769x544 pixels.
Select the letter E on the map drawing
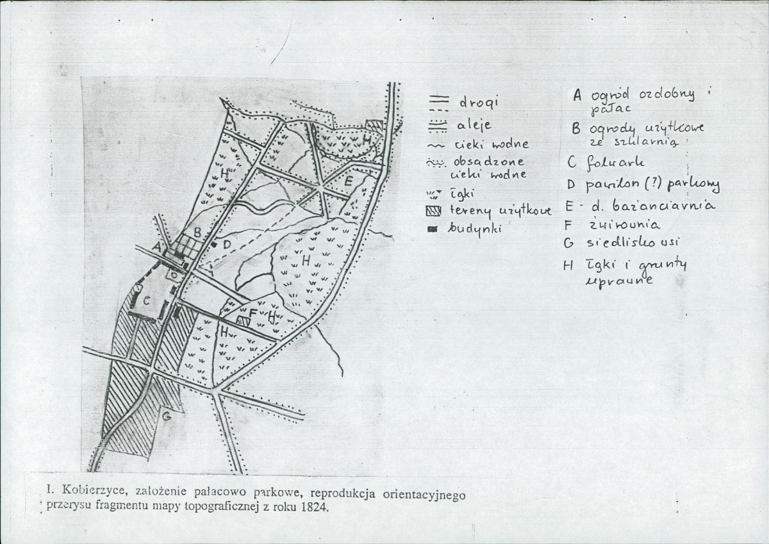pyautogui.click(x=348, y=181)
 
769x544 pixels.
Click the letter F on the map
pyautogui.click(x=253, y=313)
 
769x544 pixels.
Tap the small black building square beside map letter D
pyautogui.click(x=216, y=243)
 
